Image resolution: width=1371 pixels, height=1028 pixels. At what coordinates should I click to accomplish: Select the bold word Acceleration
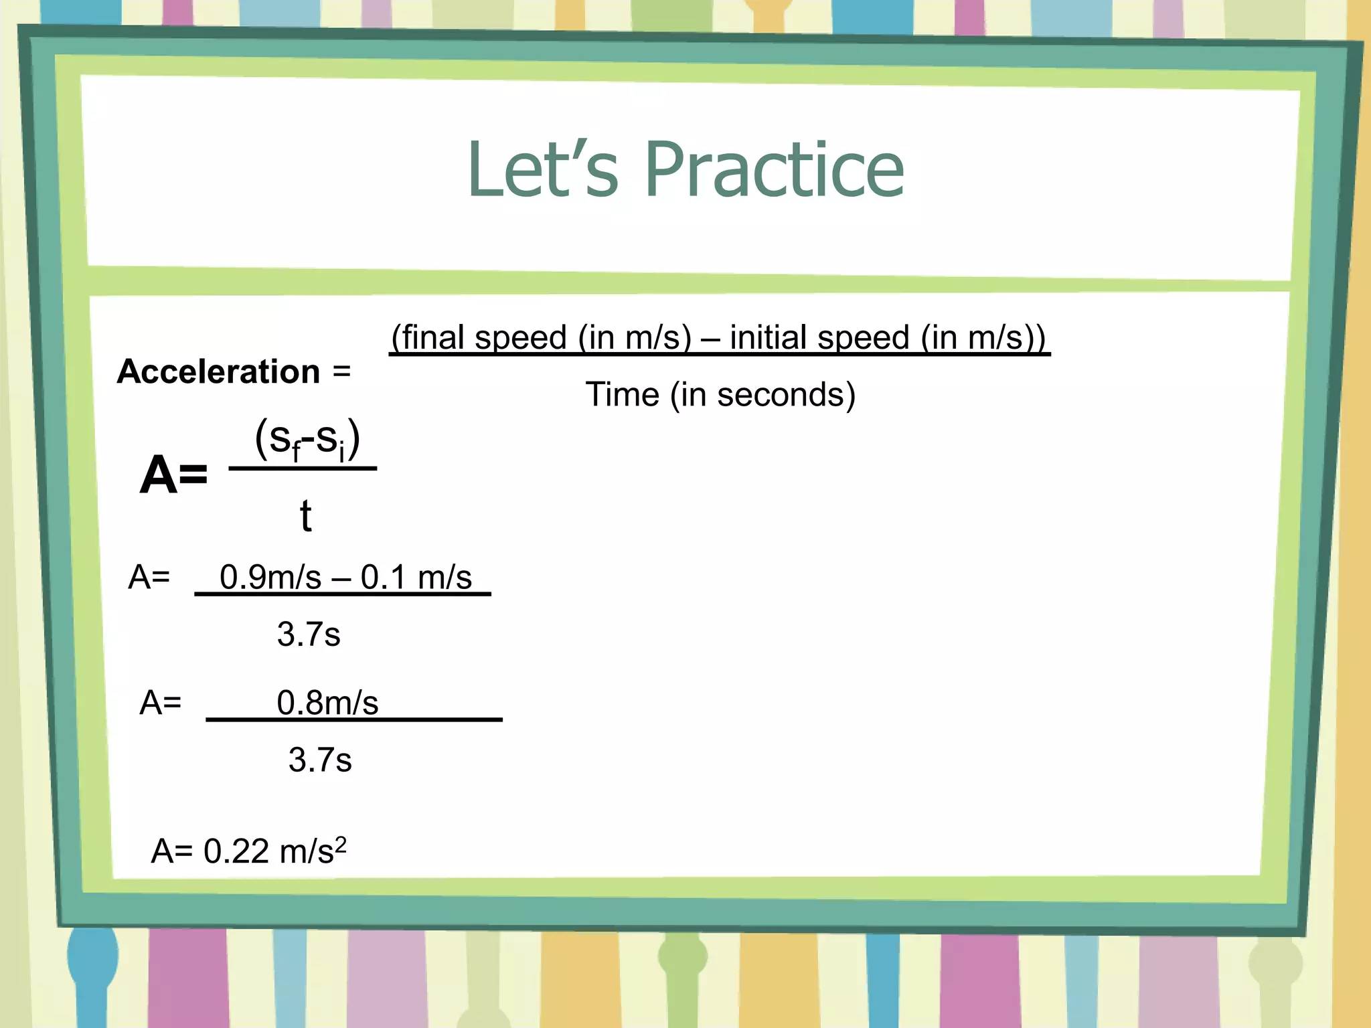point(219,371)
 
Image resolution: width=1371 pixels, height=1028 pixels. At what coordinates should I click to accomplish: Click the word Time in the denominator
point(623,394)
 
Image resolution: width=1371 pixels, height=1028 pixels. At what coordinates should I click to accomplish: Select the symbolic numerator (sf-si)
point(307,440)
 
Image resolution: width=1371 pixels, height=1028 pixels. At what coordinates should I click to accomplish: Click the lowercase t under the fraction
point(305,516)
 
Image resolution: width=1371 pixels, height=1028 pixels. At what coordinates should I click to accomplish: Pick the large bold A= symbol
point(173,475)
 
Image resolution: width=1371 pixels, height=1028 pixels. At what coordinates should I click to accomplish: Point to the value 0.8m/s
point(327,703)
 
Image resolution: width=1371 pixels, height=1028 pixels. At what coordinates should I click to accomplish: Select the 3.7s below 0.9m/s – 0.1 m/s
point(309,634)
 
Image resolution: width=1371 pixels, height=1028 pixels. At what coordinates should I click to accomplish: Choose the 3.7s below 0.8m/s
point(320,760)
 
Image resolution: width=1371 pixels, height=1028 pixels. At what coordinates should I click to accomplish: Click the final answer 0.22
point(236,851)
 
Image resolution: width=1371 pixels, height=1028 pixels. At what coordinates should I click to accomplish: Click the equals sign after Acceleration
point(341,371)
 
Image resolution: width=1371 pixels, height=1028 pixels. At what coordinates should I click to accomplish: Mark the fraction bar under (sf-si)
point(303,468)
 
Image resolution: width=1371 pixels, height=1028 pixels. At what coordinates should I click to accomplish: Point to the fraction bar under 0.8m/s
point(354,719)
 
